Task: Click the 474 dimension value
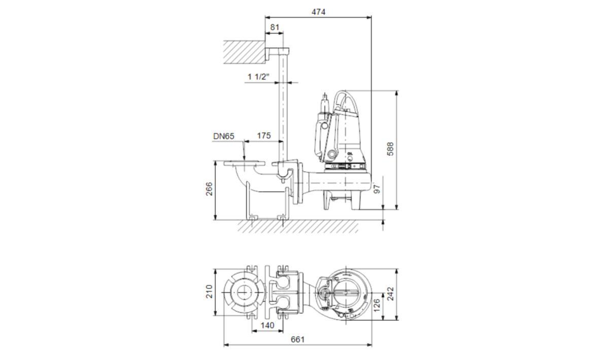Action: click(318, 12)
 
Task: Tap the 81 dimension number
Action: click(275, 27)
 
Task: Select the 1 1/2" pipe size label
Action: click(258, 77)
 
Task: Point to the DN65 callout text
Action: click(223, 136)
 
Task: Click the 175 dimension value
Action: click(264, 136)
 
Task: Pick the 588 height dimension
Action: click(390, 149)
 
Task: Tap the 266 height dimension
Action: click(209, 189)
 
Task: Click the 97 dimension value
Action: click(377, 189)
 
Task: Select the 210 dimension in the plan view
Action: click(209, 291)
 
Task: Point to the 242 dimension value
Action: click(390, 293)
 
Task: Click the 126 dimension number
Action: click(377, 306)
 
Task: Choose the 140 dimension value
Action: click(267, 325)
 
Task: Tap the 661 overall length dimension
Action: click(298, 339)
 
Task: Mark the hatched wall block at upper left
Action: click(245, 52)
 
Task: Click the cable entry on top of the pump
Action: click(325, 103)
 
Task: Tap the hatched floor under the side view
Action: click(298, 226)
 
